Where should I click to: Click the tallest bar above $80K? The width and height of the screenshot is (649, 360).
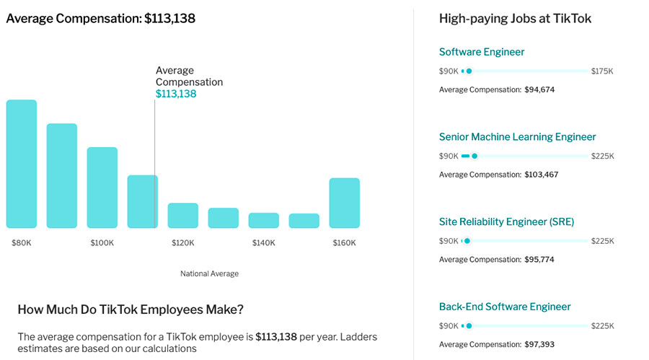click(x=22, y=164)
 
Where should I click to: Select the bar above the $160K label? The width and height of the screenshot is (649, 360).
click(x=345, y=203)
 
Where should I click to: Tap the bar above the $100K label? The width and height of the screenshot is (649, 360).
click(x=102, y=188)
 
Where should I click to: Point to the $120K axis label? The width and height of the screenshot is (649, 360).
click(x=183, y=243)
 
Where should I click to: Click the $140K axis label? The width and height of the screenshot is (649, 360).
click(x=264, y=243)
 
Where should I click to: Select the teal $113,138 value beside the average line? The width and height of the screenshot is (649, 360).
click(x=176, y=94)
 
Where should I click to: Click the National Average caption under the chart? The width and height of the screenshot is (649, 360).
click(x=209, y=274)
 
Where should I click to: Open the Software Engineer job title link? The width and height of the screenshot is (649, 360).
click(x=482, y=52)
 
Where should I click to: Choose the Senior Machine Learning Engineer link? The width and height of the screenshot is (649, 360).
click(x=518, y=137)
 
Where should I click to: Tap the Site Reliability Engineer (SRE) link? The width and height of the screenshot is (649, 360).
click(x=506, y=221)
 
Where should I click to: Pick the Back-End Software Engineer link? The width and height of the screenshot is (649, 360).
click(x=505, y=307)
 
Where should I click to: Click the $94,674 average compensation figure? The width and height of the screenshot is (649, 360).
click(x=539, y=89)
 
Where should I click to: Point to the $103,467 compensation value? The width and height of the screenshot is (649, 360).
click(x=542, y=175)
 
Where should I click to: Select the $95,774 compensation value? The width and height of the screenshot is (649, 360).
click(x=539, y=259)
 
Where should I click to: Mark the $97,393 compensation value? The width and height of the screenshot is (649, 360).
click(x=539, y=344)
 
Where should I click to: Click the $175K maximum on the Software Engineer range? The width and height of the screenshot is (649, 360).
click(x=601, y=71)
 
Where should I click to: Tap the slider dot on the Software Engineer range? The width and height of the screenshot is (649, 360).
click(x=469, y=71)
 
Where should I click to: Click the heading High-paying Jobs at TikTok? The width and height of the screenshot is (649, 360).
click(x=515, y=19)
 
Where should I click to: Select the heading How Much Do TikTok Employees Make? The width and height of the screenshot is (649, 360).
click(x=131, y=309)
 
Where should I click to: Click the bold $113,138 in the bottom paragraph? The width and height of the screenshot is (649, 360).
click(x=276, y=337)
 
